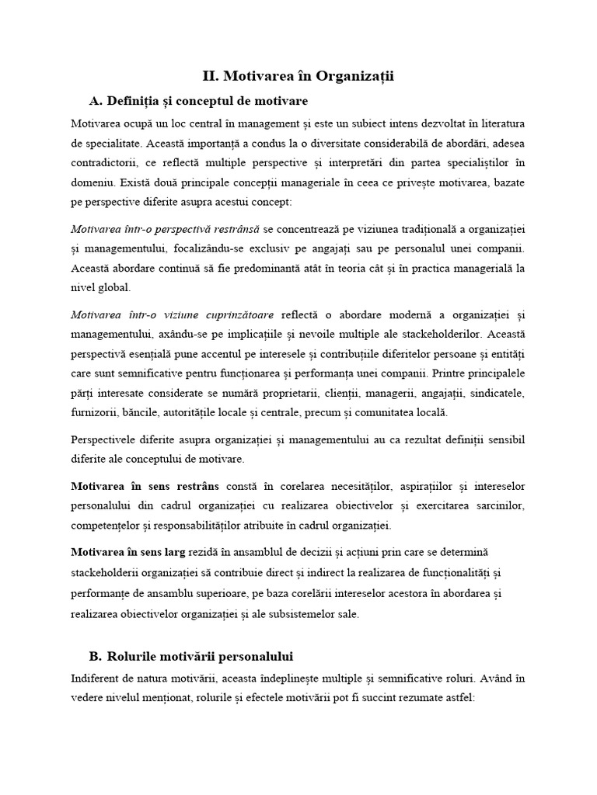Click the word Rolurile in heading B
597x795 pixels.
coord(139,656)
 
